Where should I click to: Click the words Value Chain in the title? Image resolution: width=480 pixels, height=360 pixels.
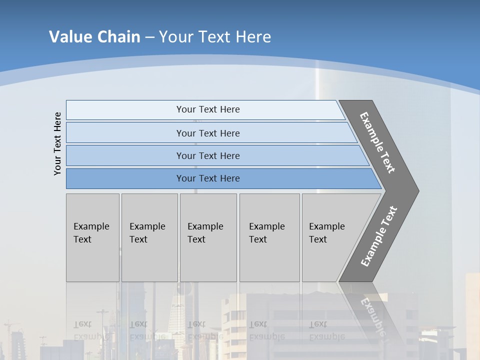(94, 36)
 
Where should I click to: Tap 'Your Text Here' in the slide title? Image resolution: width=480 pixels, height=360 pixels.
(215, 36)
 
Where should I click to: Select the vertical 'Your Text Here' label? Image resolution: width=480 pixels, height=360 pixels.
(57, 143)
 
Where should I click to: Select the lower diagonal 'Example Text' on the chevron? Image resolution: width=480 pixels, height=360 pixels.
(378, 236)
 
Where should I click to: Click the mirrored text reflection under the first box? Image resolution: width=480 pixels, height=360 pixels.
(91, 330)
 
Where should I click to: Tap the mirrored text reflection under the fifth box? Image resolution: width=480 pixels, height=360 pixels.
(327, 330)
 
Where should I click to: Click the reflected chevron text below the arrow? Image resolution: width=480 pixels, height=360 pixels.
(373, 315)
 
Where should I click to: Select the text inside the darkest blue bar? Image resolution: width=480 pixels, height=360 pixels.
(208, 178)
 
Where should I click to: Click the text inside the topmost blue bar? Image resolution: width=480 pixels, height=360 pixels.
(208, 109)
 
